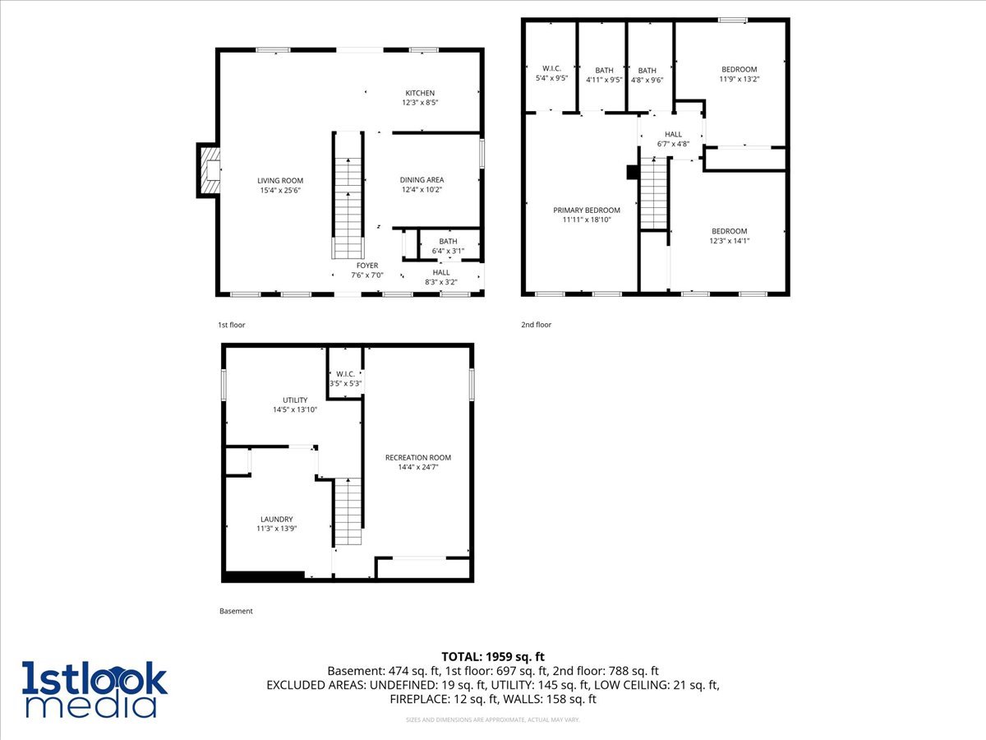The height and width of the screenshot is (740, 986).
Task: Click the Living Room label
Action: coord(280,181)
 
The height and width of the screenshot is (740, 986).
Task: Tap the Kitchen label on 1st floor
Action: coord(420,94)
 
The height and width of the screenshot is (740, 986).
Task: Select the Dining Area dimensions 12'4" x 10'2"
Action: coord(422,190)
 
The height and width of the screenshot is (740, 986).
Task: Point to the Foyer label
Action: coord(367,266)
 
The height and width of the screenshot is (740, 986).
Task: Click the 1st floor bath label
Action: coord(448,242)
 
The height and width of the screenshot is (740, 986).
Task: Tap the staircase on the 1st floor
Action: coord(348,197)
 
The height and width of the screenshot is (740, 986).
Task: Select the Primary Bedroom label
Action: coord(586,210)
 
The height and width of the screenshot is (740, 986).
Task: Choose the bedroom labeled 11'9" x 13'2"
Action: coord(739,70)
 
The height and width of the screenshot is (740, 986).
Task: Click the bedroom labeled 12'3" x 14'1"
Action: coord(729,232)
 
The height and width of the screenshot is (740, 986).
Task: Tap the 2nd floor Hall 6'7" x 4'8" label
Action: coord(673,135)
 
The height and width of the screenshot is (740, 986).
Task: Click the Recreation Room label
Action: coord(418,458)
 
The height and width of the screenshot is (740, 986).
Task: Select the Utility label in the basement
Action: coord(295,400)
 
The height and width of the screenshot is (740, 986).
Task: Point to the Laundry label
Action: coord(276,520)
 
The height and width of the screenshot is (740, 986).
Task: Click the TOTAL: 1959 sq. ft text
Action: coord(493,656)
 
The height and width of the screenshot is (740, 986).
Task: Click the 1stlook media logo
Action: coord(94,689)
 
